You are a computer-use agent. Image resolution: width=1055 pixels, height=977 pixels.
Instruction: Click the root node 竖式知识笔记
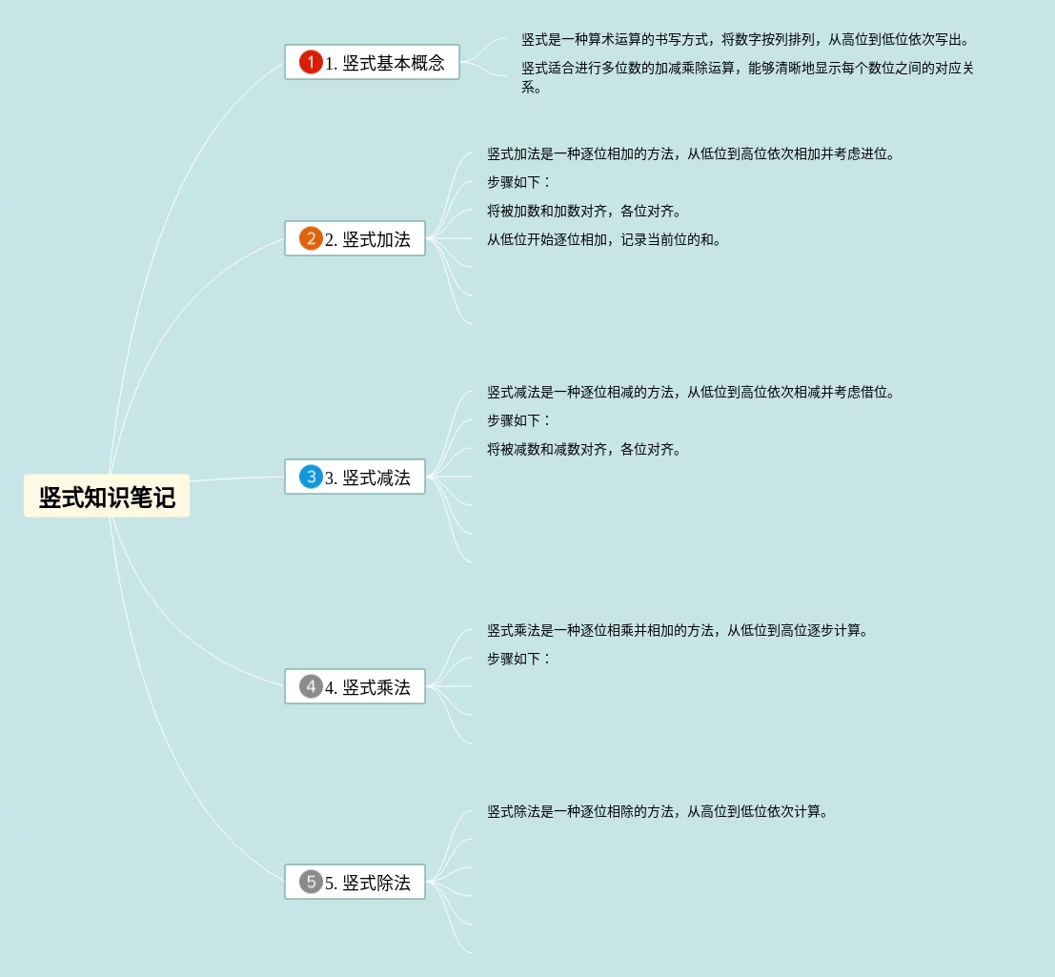pos(107,497)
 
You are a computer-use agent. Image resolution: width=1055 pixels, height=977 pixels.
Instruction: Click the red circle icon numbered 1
pos(311,63)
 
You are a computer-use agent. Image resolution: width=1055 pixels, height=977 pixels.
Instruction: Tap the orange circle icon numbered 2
pos(311,239)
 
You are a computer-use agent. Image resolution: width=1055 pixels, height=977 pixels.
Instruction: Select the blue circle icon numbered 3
pos(311,478)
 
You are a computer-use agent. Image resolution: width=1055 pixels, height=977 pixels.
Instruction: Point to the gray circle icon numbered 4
pos(311,687)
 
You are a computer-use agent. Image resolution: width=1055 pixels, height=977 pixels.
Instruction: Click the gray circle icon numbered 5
pos(311,883)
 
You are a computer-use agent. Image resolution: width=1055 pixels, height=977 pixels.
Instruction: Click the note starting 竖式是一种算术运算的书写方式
pos(744,40)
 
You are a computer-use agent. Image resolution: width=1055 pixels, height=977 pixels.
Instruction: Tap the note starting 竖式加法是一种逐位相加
pos(690,153)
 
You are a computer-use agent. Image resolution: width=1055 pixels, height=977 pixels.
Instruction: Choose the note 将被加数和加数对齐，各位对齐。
pos(583,211)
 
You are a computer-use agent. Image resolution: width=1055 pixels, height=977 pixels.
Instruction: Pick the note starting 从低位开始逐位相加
pos(603,239)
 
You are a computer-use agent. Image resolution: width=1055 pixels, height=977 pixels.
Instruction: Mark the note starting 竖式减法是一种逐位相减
pos(690,392)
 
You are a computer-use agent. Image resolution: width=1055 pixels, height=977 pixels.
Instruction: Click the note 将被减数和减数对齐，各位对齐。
pos(583,449)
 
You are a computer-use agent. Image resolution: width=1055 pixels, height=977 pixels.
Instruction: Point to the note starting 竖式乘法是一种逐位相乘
pos(677,630)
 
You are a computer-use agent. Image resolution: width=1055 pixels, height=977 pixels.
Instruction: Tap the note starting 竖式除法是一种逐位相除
pos(657,811)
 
